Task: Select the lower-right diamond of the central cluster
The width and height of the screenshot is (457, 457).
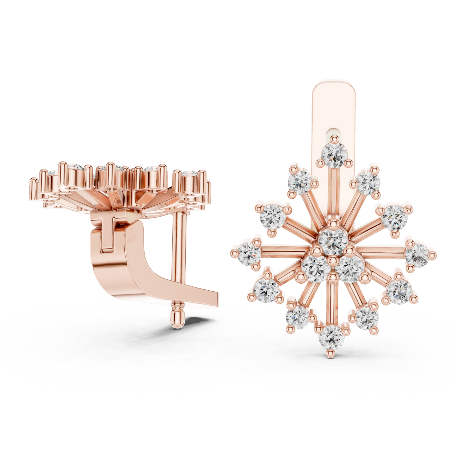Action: (349, 269)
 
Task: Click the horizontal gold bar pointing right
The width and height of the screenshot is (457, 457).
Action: (383, 252)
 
